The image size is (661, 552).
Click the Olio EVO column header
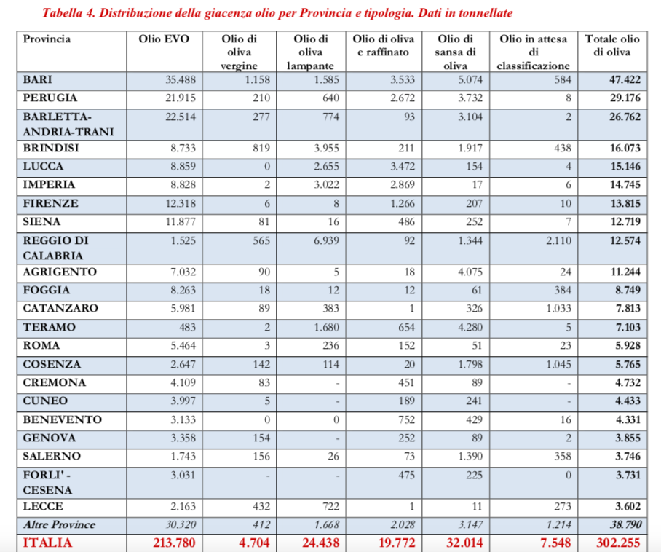164,39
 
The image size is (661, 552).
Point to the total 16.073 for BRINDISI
624,148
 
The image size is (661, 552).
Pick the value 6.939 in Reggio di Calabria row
317,240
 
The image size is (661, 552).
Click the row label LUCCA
44,166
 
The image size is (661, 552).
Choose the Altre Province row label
60,524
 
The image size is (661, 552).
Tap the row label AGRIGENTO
59,272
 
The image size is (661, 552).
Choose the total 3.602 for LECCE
626,506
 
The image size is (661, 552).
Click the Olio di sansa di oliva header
457,52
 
